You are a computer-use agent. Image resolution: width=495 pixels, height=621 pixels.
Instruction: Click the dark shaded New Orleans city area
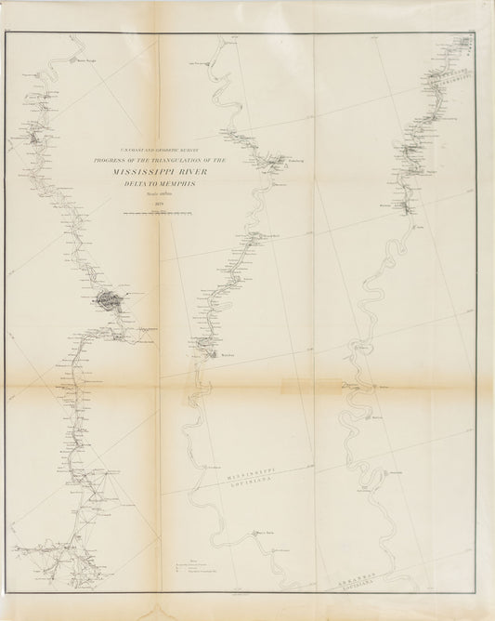107,299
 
